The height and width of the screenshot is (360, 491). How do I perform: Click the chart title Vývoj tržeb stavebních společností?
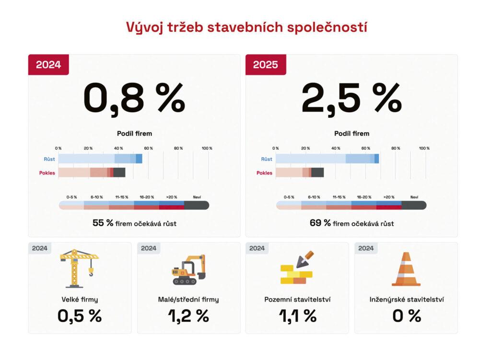pyautogui.click(x=246, y=27)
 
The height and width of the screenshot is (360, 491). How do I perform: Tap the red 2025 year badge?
pyautogui.click(x=265, y=65)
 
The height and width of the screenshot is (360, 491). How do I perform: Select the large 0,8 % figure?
pyautogui.click(x=134, y=98)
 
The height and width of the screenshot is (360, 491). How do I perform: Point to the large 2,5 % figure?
pyautogui.click(x=351, y=98)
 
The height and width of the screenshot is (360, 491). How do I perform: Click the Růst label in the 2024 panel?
pyautogui.click(x=49, y=159)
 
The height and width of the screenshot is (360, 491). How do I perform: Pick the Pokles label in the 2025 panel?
pyautogui.click(x=264, y=173)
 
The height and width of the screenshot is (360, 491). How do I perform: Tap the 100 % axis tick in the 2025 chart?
pyautogui.click(x=424, y=148)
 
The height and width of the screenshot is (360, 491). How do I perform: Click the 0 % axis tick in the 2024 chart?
pyautogui.click(x=58, y=148)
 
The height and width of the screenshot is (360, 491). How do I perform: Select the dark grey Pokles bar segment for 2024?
pyautogui.click(x=119, y=173)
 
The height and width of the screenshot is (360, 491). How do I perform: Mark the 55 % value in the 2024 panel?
pyautogui.click(x=103, y=223)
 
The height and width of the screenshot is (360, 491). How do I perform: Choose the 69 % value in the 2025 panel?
pyautogui.click(x=320, y=223)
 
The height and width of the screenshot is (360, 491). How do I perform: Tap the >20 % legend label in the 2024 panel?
pyautogui.click(x=172, y=197)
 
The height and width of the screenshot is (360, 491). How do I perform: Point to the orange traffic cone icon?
pyautogui.click(x=406, y=269)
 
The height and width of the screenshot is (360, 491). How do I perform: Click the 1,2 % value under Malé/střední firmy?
pyautogui.click(x=188, y=316)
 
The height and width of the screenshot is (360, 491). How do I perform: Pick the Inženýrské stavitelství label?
pyautogui.click(x=407, y=300)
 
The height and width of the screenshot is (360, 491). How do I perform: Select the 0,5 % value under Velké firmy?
pyautogui.click(x=80, y=316)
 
